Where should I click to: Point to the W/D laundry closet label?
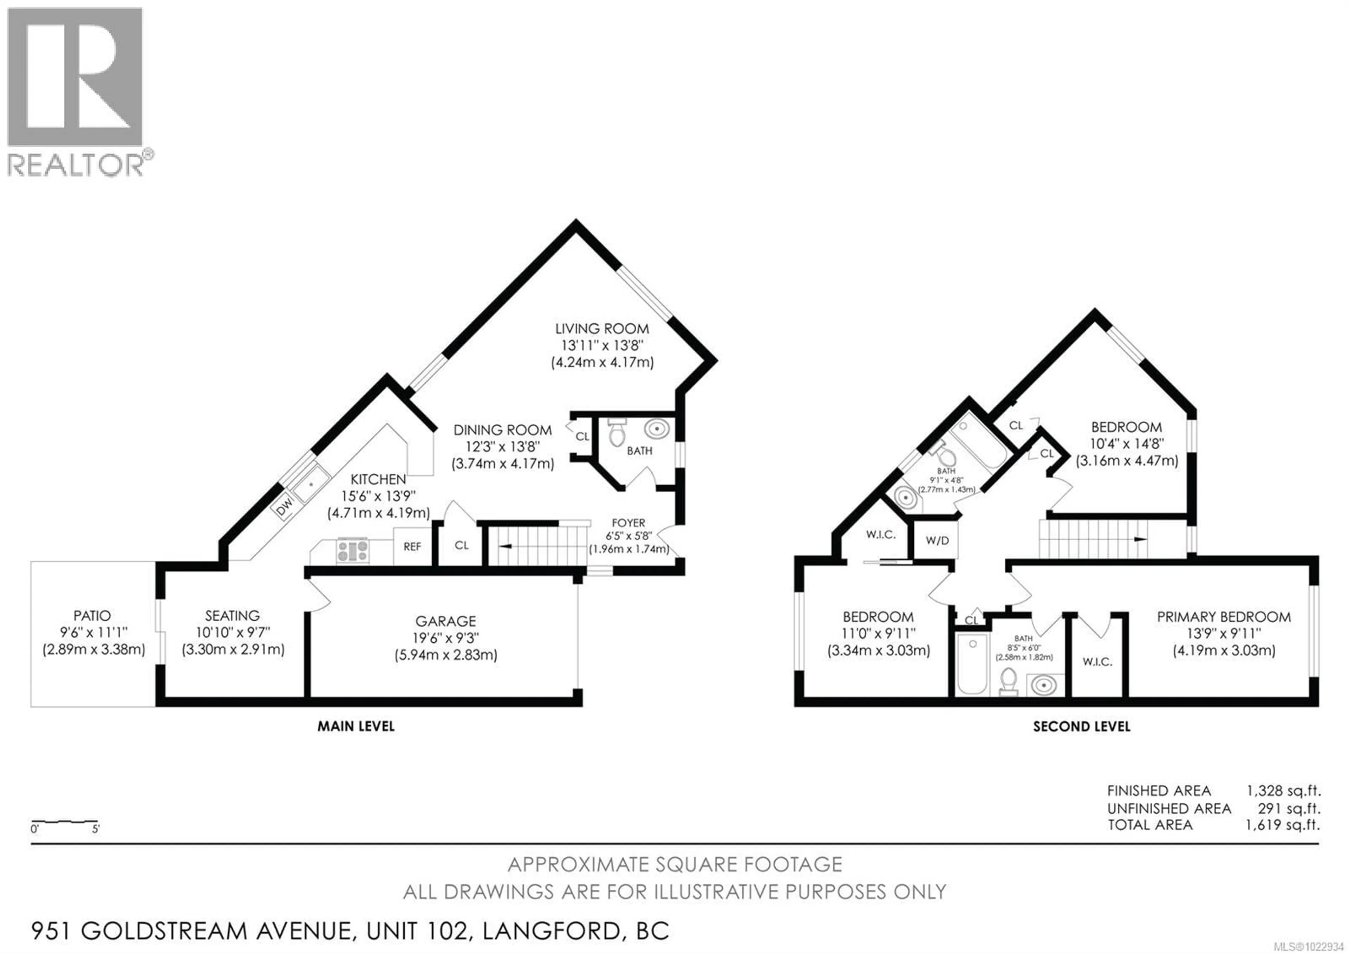click(x=937, y=540)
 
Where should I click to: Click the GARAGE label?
click(x=445, y=621)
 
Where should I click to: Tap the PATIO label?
click(x=92, y=616)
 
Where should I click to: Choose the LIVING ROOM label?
click(x=602, y=329)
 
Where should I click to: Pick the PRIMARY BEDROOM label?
click(x=1224, y=617)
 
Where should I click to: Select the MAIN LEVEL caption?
click(x=356, y=727)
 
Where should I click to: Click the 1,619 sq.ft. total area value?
click(x=1283, y=825)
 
